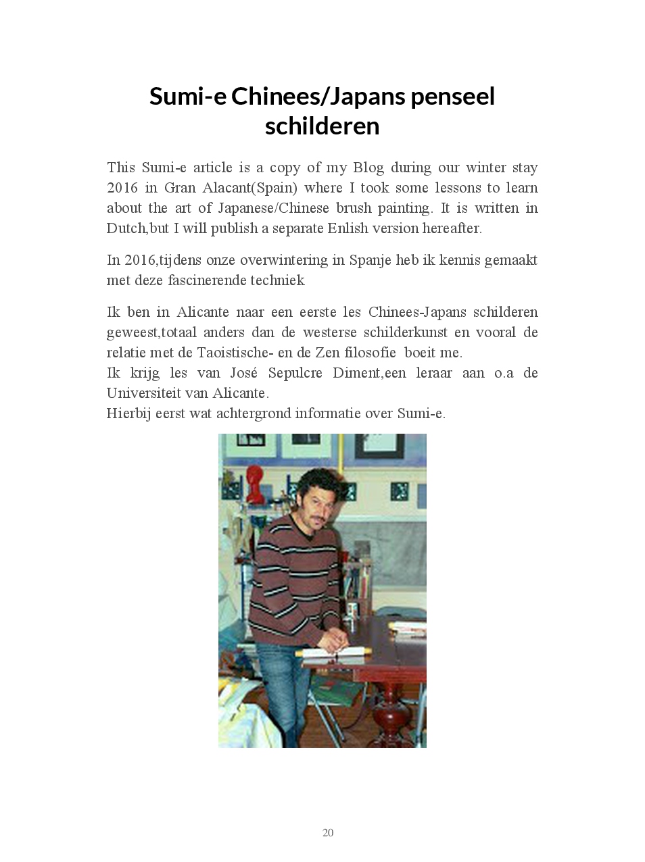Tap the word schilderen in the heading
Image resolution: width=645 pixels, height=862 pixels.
pyautogui.click(x=322, y=126)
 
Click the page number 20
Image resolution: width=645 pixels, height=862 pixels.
pyautogui.click(x=328, y=832)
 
